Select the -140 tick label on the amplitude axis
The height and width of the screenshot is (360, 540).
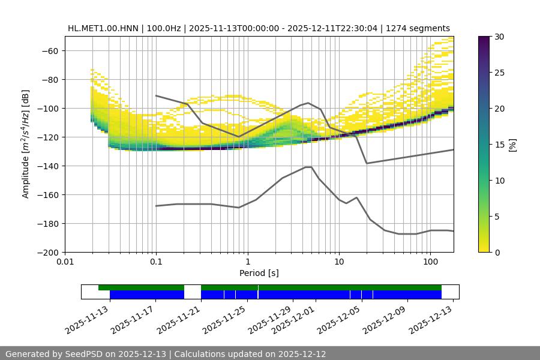pyautogui.click(x=47, y=166)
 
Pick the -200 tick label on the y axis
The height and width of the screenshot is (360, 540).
pyautogui.click(x=47, y=253)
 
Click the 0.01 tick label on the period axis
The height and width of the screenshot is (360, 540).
pyautogui.click(x=65, y=262)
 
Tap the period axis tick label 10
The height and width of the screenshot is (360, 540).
pyautogui.click(x=339, y=262)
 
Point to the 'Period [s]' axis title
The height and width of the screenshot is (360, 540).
pyautogui.click(x=259, y=273)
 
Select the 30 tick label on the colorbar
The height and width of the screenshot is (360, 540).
pyautogui.click(x=499, y=37)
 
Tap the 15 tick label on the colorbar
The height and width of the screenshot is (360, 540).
pyautogui.click(x=499, y=145)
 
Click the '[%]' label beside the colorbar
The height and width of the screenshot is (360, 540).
pyautogui.click(x=512, y=145)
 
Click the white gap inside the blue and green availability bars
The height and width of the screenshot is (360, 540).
pyautogui.click(x=192, y=292)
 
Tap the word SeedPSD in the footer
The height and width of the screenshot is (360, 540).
pyautogui.click(x=81, y=354)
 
